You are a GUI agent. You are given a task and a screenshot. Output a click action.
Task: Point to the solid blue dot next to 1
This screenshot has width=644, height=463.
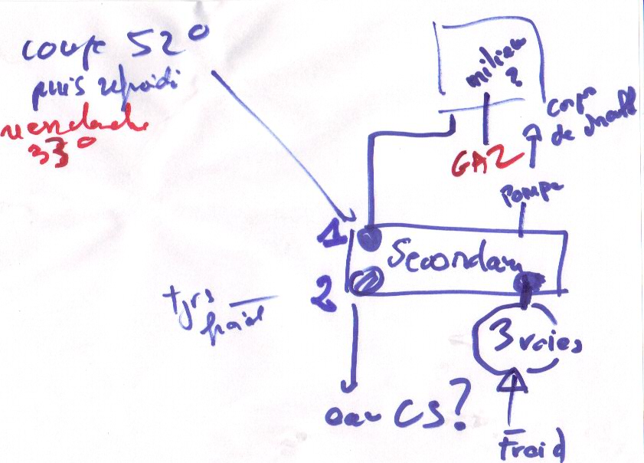371,238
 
